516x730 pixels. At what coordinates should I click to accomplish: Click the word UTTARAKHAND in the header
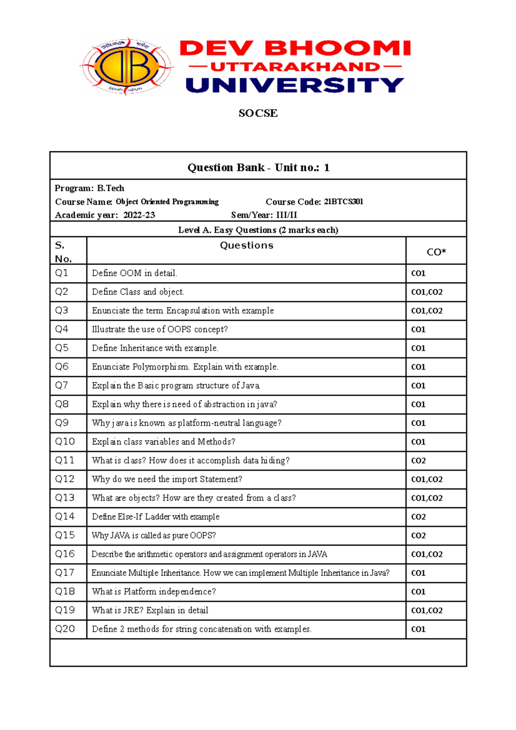[295, 67]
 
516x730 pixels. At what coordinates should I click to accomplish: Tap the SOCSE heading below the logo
[258, 113]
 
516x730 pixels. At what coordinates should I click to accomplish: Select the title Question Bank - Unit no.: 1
[258, 167]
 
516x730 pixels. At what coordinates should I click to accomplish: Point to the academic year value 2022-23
[139, 215]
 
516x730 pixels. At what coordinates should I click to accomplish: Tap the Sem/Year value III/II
[286, 215]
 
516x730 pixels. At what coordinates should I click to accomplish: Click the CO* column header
[436, 252]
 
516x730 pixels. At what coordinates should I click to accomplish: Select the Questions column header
[246, 245]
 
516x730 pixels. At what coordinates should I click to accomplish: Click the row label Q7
[61, 385]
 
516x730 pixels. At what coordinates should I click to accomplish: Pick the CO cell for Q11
[418, 460]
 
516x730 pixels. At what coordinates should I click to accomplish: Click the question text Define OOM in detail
[135, 273]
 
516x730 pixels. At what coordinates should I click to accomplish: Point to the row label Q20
[65, 629]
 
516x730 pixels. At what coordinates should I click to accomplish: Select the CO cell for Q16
[427, 554]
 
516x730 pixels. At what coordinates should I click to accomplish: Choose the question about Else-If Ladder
[156, 517]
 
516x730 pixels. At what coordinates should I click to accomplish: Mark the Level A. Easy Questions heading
[258, 230]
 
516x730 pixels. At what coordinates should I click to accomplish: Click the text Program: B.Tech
[89, 188]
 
